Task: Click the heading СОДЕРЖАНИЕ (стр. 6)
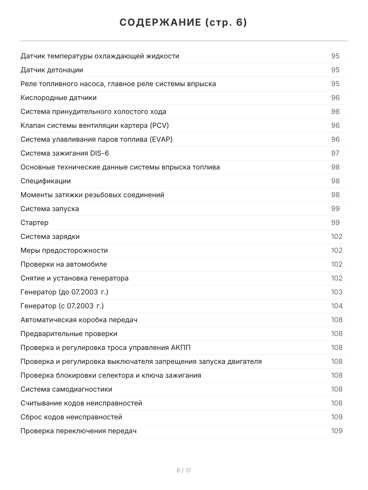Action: [184, 23]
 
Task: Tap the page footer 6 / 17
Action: [184, 470]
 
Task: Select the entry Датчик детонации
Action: [52, 70]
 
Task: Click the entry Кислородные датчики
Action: [58, 98]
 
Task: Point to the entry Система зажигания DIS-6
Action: [65, 153]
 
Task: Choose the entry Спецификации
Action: [45, 181]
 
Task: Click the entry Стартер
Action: [34, 223]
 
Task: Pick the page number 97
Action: [335, 153]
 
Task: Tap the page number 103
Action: [337, 292]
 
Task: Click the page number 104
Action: [337, 306]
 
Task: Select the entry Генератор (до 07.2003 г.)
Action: [64, 292]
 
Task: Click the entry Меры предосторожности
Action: [64, 250]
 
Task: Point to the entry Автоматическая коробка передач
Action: [79, 320]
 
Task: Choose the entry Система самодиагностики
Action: [66, 389]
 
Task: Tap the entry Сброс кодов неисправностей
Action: [71, 417]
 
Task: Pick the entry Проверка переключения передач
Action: [79, 431]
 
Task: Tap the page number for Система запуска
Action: [335, 209]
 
